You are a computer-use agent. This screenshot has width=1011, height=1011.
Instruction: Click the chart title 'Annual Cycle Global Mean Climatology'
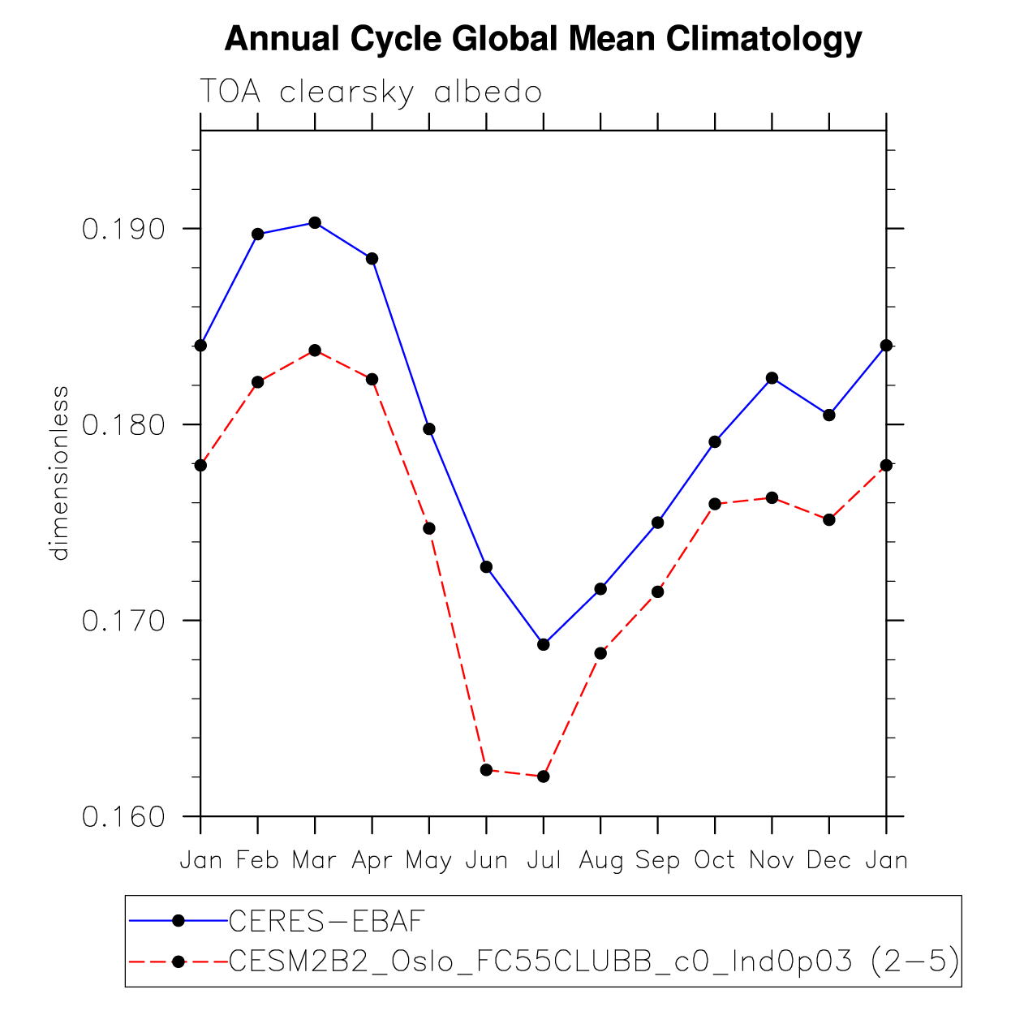[x=542, y=39]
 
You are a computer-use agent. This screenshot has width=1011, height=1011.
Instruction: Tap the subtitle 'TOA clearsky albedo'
[x=370, y=92]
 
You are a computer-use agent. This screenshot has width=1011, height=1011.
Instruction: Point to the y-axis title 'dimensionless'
[x=60, y=473]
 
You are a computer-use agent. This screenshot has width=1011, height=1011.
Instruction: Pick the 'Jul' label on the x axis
[x=544, y=860]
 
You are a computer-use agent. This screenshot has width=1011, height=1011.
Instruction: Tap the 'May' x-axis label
[x=428, y=861]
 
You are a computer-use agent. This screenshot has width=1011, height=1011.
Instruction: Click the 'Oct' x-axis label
[x=714, y=860]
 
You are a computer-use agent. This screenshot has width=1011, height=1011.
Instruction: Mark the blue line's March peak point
[x=315, y=222]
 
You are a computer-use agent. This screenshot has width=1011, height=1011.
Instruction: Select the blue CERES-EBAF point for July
[x=544, y=644]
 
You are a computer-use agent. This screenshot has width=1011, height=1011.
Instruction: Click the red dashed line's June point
[x=486, y=769]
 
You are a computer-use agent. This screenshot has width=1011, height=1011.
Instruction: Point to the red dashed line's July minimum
[x=544, y=777]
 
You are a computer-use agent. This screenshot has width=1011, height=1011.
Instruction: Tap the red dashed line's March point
[x=315, y=351]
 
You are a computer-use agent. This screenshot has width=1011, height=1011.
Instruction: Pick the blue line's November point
[x=772, y=378]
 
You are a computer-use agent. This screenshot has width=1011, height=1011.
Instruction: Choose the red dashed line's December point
[x=828, y=519]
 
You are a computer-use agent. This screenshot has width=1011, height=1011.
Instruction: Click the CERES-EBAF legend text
[x=327, y=921]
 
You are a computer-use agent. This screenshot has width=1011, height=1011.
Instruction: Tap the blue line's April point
[x=372, y=259]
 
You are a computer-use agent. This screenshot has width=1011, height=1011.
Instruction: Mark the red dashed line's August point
[x=600, y=653]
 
